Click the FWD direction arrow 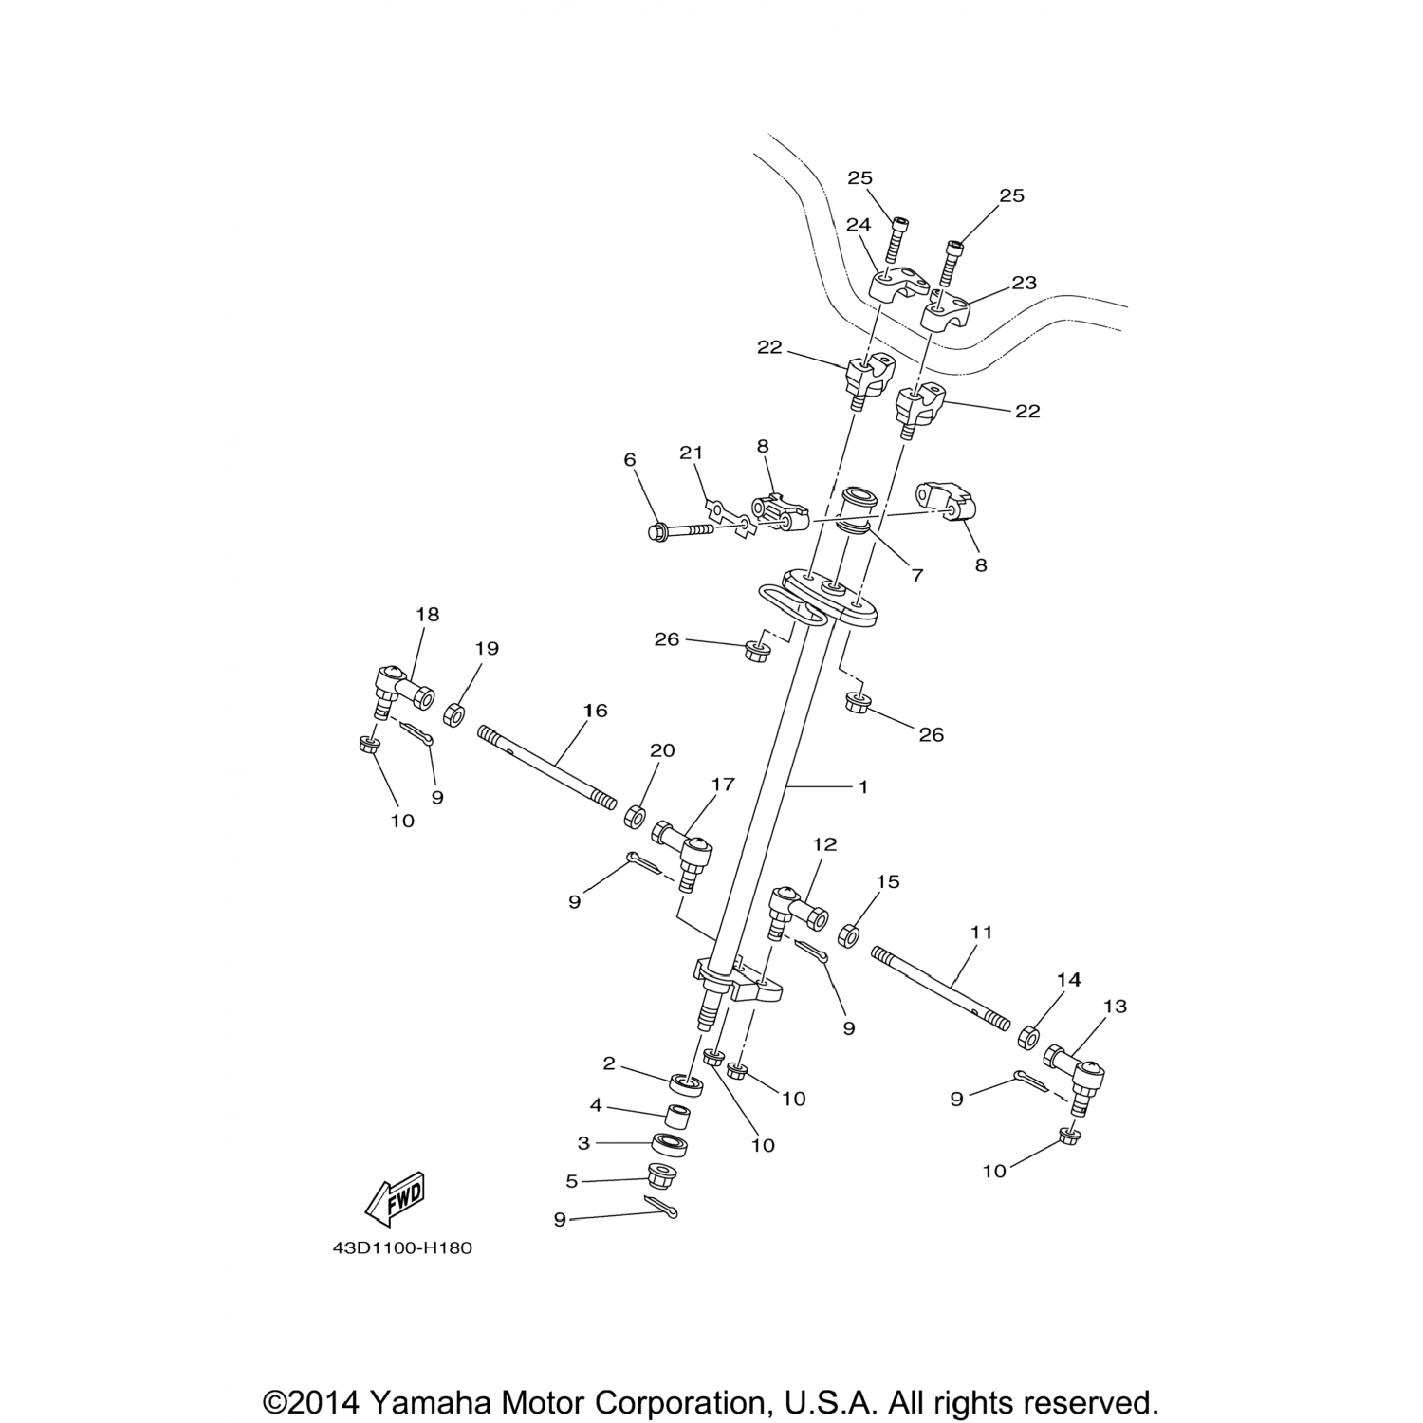point(394,1201)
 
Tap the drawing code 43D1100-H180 point(402,1248)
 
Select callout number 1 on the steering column point(862,786)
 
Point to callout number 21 point(692,453)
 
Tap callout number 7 point(916,575)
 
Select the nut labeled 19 point(453,713)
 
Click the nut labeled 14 point(1027,1036)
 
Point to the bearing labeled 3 point(670,1144)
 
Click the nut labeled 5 point(661,1178)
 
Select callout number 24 point(858,226)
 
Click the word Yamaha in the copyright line point(430,1403)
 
